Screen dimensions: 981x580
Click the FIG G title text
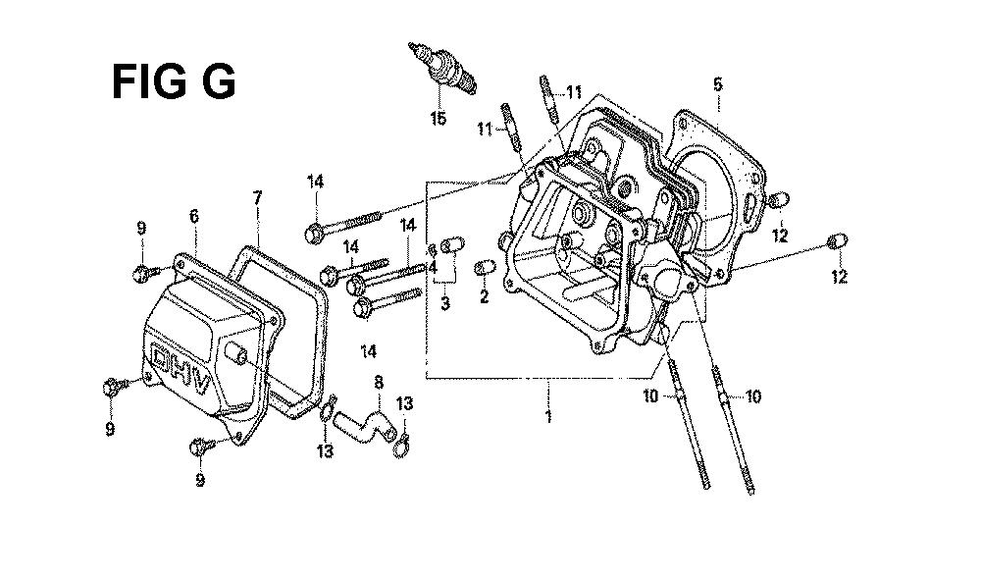pyautogui.click(x=174, y=82)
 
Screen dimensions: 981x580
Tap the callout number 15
pyautogui.click(x=438, y=118)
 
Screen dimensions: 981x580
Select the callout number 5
pyautogui.click(x=717, y=83)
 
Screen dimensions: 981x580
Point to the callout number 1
pyautogui.click(x=548, y=416)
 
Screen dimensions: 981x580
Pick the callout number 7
pyautogui.click(x=257, y=198)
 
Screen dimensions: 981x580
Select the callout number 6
pyautogui.click(x=194, y=217)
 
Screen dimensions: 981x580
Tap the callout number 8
pyautogui.click(x=379, y=382)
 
